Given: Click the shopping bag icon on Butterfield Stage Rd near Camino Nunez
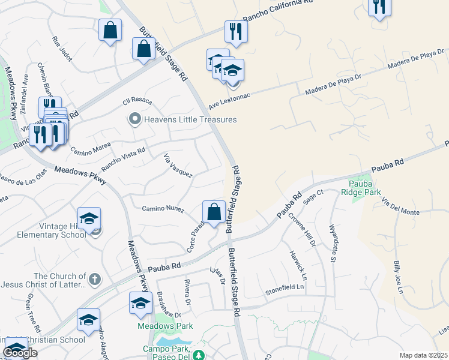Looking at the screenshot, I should [x=214, y=212].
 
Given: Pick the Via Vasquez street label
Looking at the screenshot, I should [x=178, y=165].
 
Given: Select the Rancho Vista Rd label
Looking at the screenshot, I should [x=123, y=159].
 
